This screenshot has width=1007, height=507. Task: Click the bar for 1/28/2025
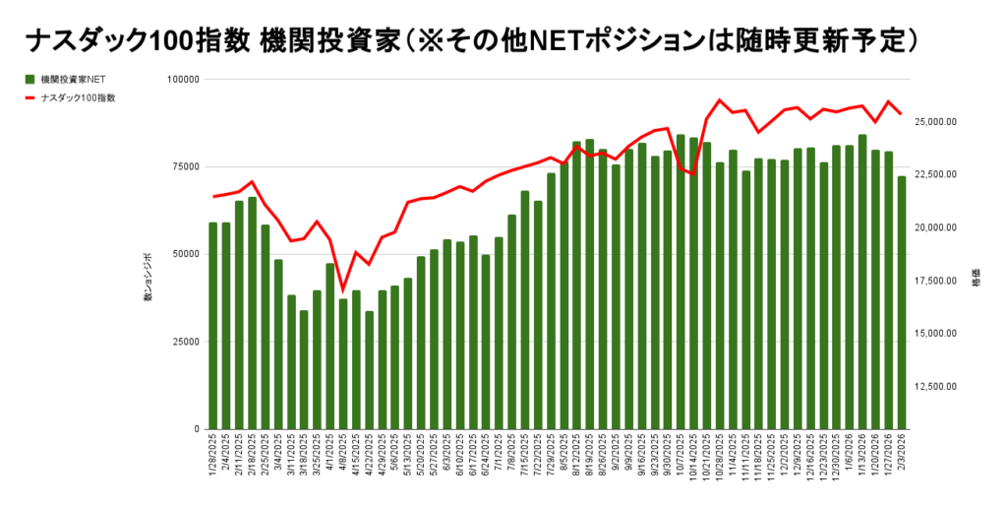[213, 326]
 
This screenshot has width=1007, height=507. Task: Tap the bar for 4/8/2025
[343, 363]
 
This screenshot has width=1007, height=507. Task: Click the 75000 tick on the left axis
[184, 166]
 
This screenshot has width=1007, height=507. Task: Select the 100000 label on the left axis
[182, 79]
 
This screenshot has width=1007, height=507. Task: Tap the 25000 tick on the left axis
[184, 342]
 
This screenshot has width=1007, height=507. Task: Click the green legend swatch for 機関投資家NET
[30, 80]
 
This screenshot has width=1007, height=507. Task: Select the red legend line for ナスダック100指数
[30, 97]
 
